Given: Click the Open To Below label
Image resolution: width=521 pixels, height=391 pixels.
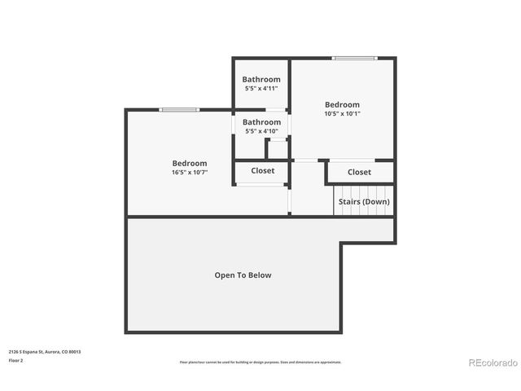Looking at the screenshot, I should pos(243,275).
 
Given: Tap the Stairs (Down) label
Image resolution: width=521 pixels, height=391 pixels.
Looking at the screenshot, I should pos(364,201).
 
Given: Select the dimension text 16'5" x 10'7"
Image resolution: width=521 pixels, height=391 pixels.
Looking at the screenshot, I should pos(190,173).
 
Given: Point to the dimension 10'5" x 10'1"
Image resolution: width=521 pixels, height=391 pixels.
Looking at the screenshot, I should pos(342,114).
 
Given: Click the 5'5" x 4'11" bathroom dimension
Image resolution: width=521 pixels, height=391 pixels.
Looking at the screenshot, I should pos(260,88).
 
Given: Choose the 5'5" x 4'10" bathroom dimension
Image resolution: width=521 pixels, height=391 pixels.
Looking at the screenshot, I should pos(260,131).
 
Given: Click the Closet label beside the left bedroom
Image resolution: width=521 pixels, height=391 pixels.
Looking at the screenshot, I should pos(262,171).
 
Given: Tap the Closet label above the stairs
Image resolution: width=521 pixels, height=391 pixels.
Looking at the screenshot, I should pos(359,172).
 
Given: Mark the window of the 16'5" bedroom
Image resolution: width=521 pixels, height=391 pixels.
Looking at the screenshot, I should pos(179,110).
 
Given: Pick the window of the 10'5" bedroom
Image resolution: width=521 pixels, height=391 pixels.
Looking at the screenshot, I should pos(354,58).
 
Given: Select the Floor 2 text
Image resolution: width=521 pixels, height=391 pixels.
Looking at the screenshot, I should pos(16,360).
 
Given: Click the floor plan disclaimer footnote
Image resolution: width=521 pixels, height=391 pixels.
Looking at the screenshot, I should pos(260,362).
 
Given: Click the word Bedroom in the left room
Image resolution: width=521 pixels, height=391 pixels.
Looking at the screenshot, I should pos(190,163).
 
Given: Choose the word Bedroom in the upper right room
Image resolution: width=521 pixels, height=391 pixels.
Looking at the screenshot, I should pos(342,104).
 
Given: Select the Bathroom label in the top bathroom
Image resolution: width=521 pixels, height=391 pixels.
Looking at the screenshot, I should pos(260,79).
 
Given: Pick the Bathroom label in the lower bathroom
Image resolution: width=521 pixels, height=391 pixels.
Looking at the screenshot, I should pos(260,122).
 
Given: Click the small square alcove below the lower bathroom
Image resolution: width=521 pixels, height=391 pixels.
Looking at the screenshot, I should pos(278,149).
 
